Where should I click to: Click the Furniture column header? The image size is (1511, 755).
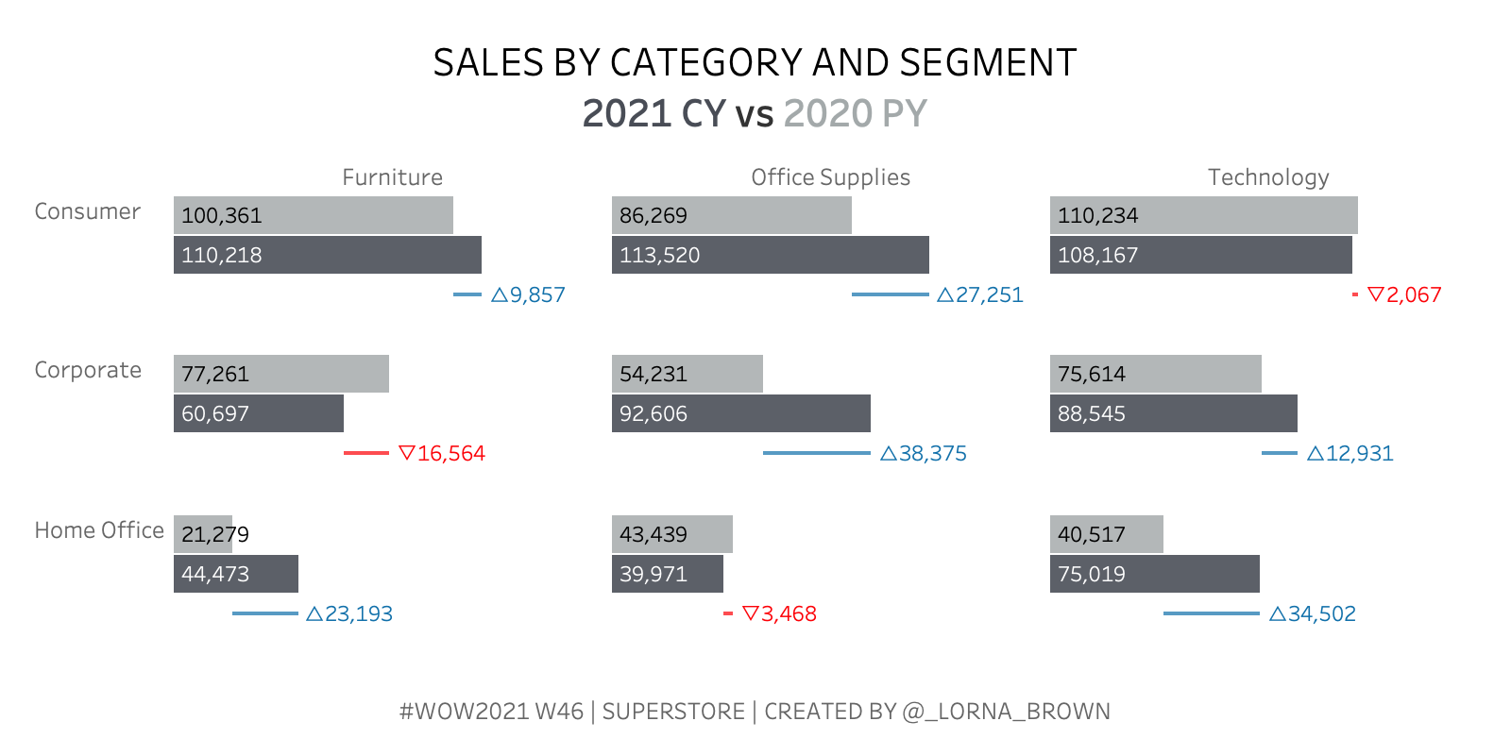[392, 177]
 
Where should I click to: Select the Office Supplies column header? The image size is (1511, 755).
[830, 177]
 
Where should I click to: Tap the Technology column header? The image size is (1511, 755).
[1268, 177]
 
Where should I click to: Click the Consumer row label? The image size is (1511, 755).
[87, 211]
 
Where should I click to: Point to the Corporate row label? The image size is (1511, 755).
[88, 370]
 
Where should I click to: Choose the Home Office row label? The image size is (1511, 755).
[99, 530]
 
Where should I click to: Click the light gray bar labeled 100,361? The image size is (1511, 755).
[314, 215]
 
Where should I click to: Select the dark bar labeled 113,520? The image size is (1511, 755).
[771, 255]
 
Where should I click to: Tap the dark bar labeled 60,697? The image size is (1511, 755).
[259, 413]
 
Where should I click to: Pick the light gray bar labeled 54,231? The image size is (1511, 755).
[688, 374]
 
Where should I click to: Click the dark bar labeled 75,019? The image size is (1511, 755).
[1155, 574]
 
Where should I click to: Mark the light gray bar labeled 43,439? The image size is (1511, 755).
[672, 534]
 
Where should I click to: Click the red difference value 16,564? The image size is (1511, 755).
[450, 454]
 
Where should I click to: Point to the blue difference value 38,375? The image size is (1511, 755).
[932, 454]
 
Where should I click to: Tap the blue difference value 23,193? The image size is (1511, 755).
[358, 614]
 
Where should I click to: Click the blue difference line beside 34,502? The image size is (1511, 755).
[1212, 613]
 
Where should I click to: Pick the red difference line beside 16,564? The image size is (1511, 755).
[366, 453]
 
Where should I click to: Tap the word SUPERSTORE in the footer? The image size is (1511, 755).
[673, 712]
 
